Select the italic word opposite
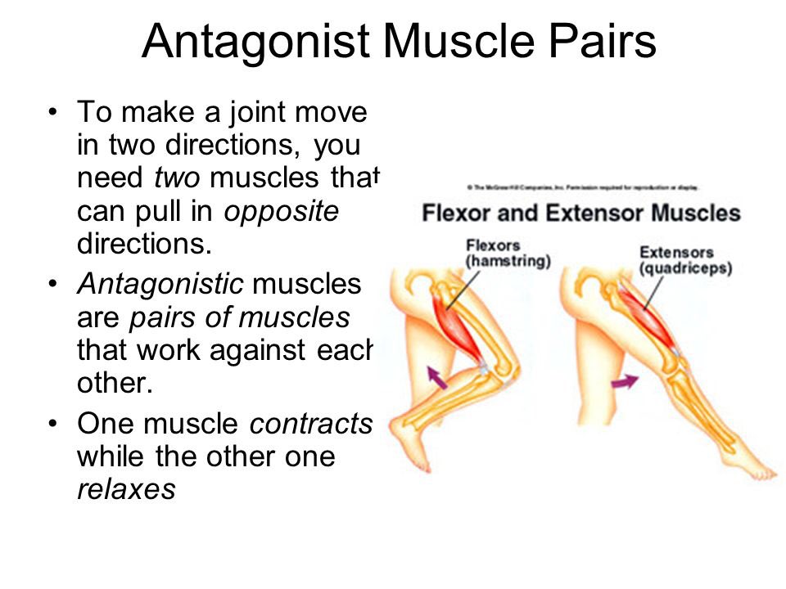[281, 210]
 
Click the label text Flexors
[492, 245]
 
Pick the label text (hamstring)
[508, 261]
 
